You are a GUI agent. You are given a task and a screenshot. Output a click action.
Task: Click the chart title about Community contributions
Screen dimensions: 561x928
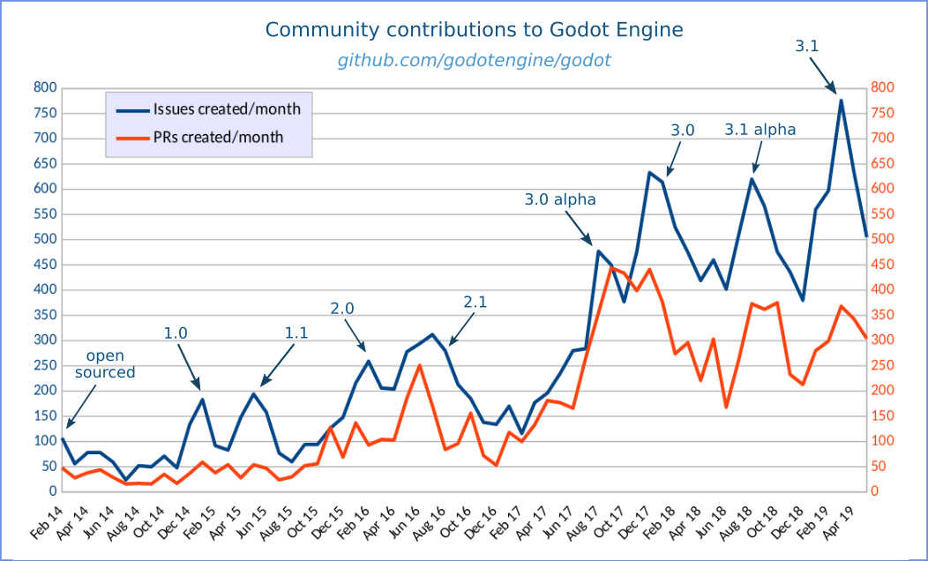click(x=474, y=30)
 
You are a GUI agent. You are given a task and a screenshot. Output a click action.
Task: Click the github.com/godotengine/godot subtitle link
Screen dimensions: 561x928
click(x=474, y=61)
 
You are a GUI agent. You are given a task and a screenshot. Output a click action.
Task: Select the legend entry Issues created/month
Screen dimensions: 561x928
click(x=227, y=110)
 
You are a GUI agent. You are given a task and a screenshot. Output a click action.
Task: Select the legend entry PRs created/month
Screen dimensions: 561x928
click(x=218, y=137)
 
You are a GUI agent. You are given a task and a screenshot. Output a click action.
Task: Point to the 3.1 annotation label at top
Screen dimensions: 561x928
click(x=808, y=46)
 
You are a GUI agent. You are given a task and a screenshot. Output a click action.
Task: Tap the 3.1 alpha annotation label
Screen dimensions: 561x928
click(x=760, y=130)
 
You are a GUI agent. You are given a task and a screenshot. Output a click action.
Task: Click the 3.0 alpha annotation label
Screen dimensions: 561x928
click(x=560, y=199)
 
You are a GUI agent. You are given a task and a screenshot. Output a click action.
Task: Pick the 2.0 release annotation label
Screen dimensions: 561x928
click(x=342, y=308)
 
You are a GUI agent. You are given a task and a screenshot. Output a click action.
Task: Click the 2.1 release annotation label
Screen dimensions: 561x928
click(x=475, y=302)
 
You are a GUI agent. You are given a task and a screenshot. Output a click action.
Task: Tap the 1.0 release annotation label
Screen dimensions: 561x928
click(x=176, y=333)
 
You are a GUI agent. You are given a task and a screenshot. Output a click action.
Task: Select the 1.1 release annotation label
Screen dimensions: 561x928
click(x=296, y=333)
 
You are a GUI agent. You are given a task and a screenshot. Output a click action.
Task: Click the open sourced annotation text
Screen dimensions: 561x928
click(x=105, y=364)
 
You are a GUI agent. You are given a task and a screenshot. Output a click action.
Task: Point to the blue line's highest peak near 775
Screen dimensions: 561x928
click(x=841, y=101)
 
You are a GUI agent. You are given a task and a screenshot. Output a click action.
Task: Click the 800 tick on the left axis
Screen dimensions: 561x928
click(x=45, y=87)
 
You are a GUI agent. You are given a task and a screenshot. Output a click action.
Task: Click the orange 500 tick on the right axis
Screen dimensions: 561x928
click(x=883, y=239)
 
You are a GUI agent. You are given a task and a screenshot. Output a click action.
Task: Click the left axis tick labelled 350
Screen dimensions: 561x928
click(x=45, y=315)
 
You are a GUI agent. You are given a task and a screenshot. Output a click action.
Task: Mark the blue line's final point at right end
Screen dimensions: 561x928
click(x=866, y=236)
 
